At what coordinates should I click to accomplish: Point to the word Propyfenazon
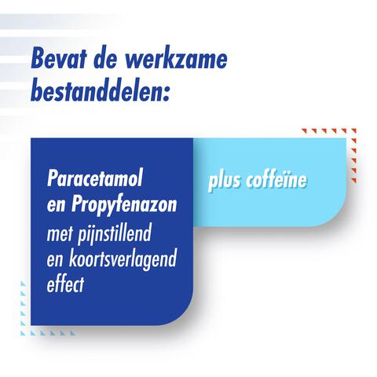click(x=130, y=206)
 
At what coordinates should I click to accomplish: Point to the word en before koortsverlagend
click(x=57, y=260)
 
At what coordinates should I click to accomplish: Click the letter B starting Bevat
click(x=40, y=61)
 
